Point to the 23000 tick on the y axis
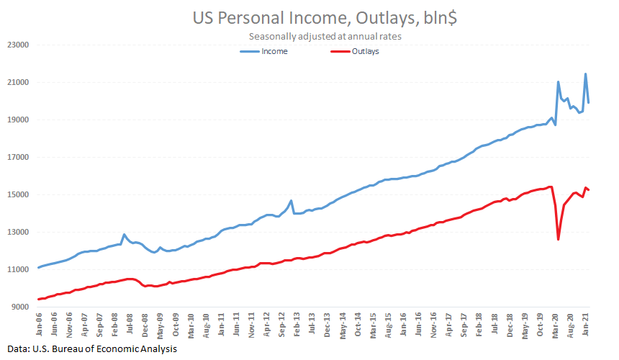tap(17, 45)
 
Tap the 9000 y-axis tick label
tap(19, 307)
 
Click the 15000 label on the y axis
tap(17, 195)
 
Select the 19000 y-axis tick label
tap(17, 120)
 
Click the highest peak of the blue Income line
tap(585, 73)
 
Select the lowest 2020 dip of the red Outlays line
tap(559, 239)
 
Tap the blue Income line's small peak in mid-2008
tap(124, 234)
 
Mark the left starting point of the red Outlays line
tap(38, 300)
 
